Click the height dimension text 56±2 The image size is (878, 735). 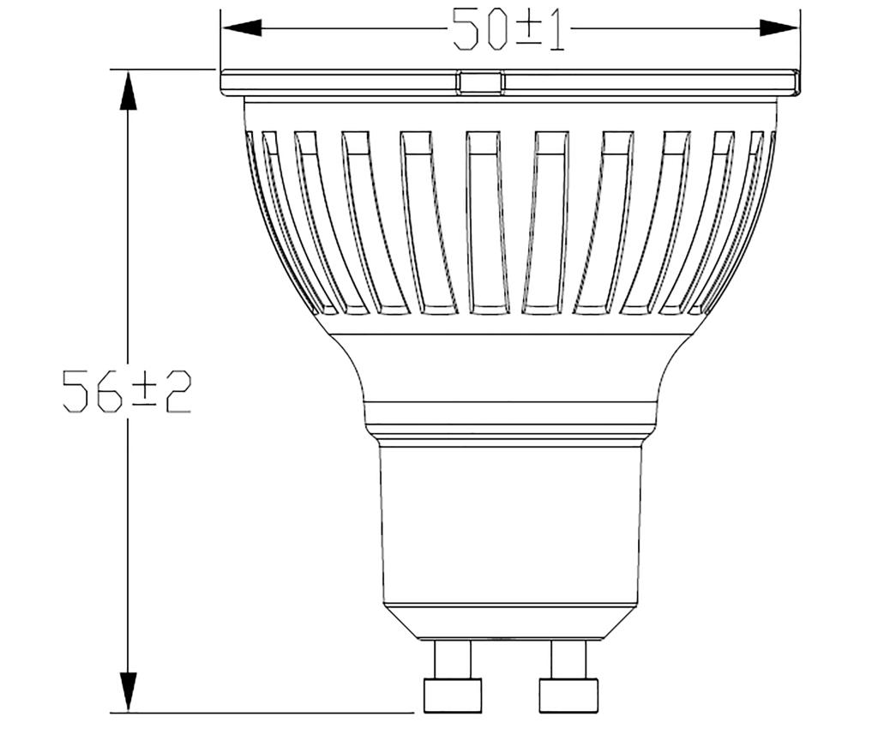[127, 391]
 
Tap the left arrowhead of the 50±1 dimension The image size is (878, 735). [241, 28]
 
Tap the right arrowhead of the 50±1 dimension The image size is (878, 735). [779, 28]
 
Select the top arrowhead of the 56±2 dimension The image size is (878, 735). [128, 89]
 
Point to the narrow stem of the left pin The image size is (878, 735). [453, 660]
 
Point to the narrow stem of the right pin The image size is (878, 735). [568, 660]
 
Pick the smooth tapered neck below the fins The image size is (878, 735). [511, 369]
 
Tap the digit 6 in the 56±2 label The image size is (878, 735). [110, 391]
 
